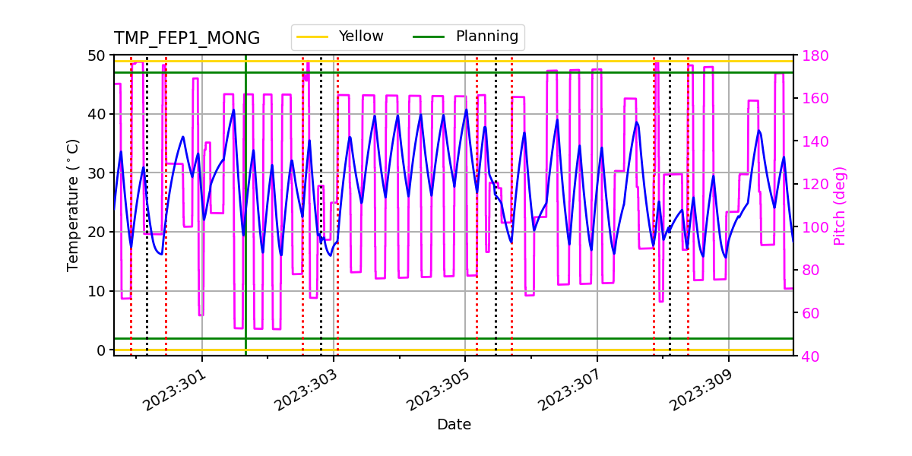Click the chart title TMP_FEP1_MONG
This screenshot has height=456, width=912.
[187, 39]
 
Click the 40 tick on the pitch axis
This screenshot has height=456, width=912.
[807, 356]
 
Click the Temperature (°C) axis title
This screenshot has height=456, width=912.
[73, 204]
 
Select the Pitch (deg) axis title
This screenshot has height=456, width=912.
[839, 205]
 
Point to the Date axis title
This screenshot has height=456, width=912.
[454, 425]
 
